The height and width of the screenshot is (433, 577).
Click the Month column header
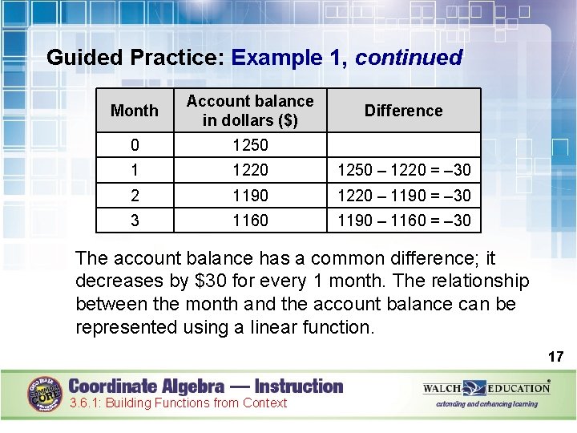click(x=135, y=111)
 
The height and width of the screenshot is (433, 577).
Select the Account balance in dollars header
click(x=250, y=111)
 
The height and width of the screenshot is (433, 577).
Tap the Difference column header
click(x=403, y=111)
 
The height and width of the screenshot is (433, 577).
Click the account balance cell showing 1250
click(x=250, y=145)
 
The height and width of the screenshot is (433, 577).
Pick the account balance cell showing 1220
click(x=250, y=170)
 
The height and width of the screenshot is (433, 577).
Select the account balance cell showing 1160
click(x=250, y=220)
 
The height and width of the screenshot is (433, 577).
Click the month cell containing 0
click(x=135, y=145)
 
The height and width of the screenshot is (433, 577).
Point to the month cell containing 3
click(x=135, y=220)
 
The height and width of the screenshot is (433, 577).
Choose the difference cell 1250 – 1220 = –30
click(x=404, y=170)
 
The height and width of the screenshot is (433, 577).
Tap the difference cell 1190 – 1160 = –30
click(x=404, y=220)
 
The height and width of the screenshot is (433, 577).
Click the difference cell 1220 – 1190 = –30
click(x=404, y=195)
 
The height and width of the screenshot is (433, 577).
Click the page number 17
click(x=555, y=356)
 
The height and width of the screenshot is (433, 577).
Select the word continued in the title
click(x=409, y=58)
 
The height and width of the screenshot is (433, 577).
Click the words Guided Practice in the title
click(x=135, y=58)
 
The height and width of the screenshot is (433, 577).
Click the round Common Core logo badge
click(x=45, y=394)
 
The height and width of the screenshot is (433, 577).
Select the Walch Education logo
click(x=486, y=389)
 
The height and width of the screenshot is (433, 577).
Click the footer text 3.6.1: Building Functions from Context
click(x=177, y=403)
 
